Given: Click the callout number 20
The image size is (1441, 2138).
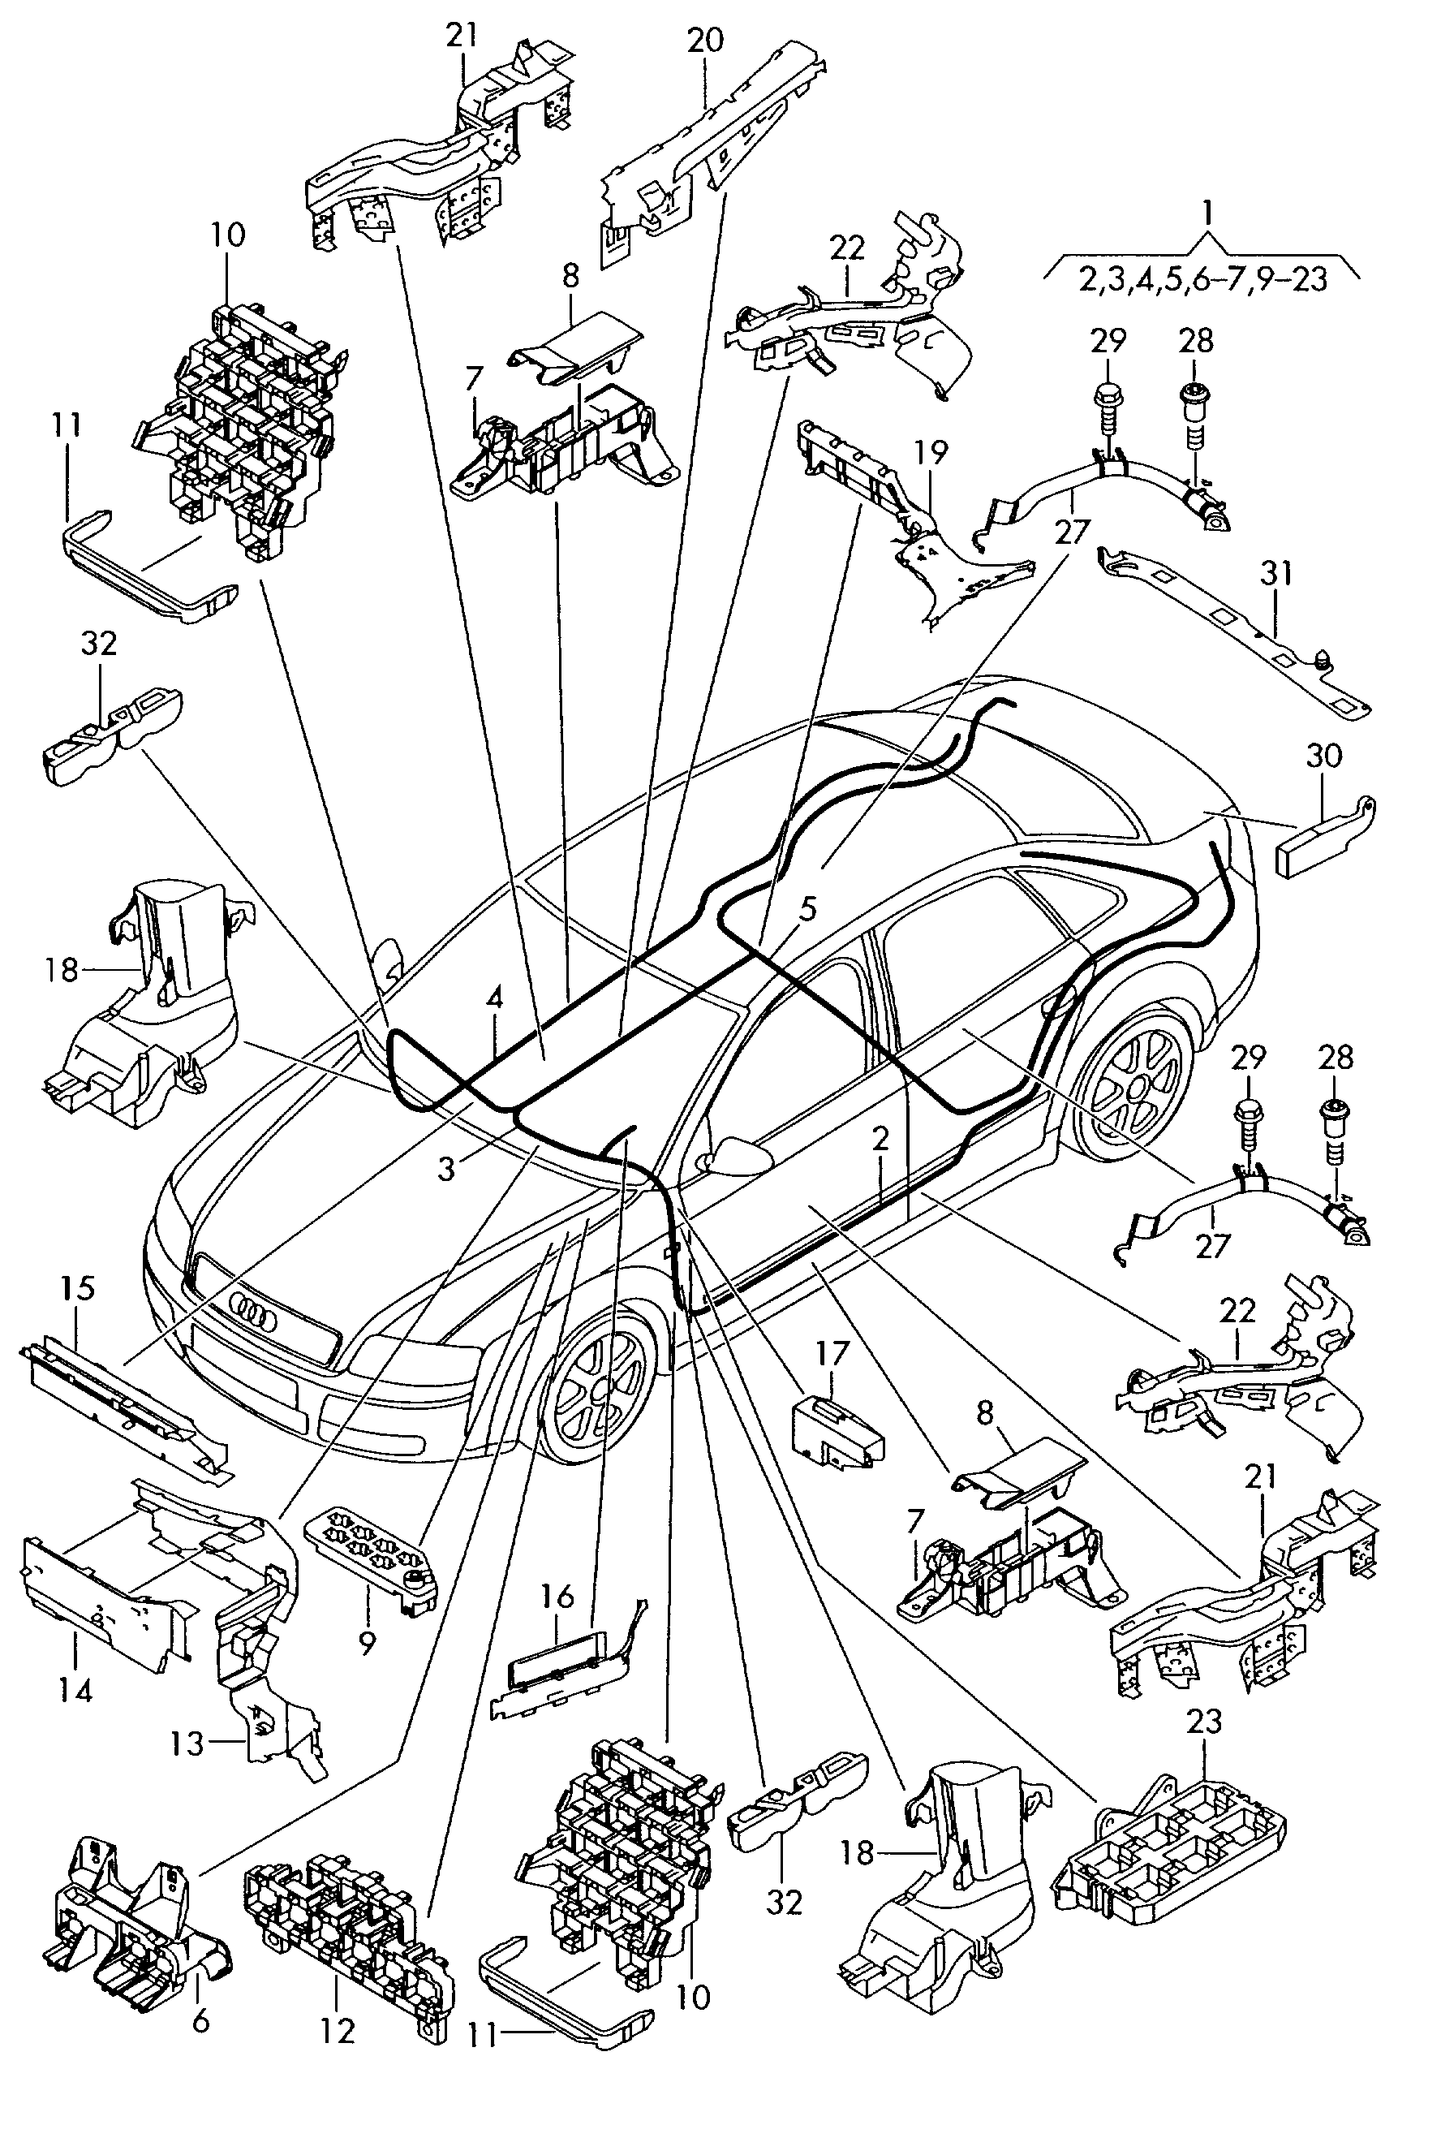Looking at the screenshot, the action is tap(705, 40).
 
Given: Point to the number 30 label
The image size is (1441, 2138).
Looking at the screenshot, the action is tap(1323, 756).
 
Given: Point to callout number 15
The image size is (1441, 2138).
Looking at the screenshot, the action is tap(78, 1288).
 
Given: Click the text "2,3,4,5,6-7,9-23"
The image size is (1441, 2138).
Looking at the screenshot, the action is tap(1203, 278).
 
